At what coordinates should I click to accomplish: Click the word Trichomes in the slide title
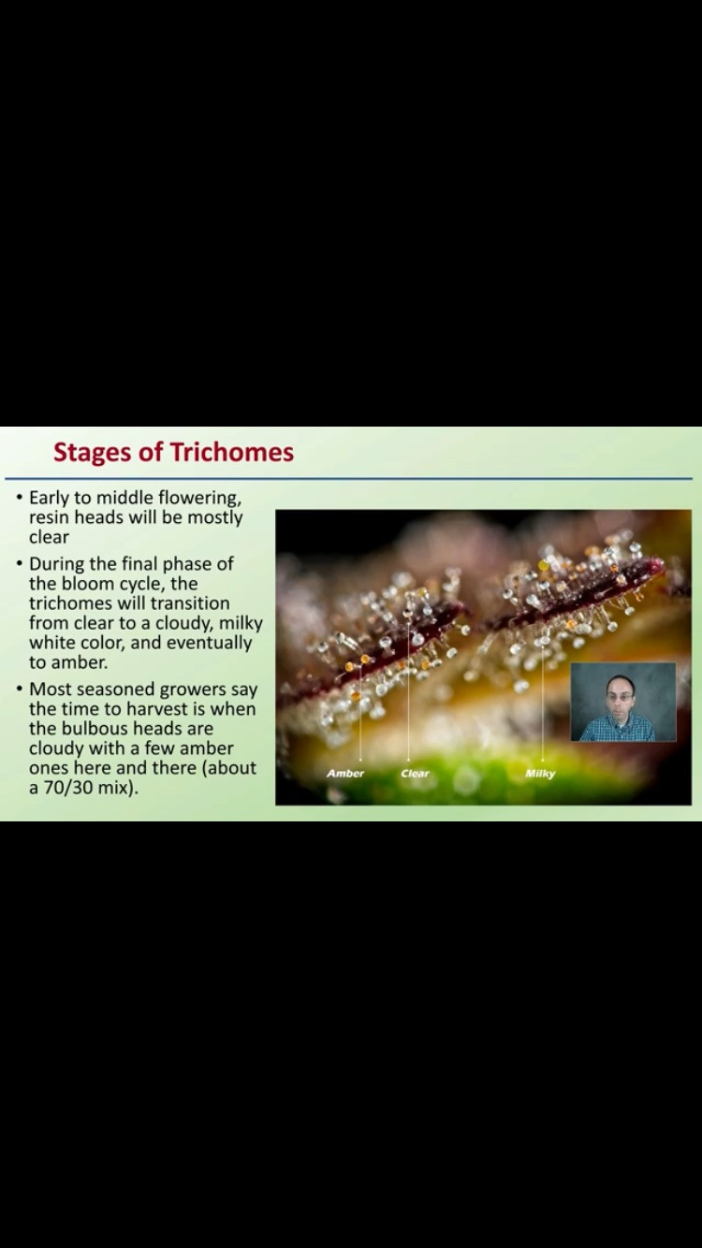pyautogui.click(x=231, y=452)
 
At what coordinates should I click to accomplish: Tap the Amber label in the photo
pyautogui.click(x=345, y=774)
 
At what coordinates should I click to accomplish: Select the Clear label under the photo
pyautogui.click(x=415, y=774)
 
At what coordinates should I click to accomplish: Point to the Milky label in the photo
pyautogui.click(x=540, y=774)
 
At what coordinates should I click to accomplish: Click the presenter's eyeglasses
pyautogui.click(x=619, y=697)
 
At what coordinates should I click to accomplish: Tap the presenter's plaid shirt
pyautogui.click(x=618, y=728)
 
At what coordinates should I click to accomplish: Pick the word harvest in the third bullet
pyautogui.click(x=156, y=709)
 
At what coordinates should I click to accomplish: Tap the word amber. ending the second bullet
pyautogui.click(x=80, y=662)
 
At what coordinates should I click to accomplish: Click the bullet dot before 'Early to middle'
pyautogui.click(x=20, y=497)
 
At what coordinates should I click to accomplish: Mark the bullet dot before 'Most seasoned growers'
pyautogui.click(x=20, y=689)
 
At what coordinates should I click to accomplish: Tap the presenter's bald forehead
pyautogui.click(x=619, y=685)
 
